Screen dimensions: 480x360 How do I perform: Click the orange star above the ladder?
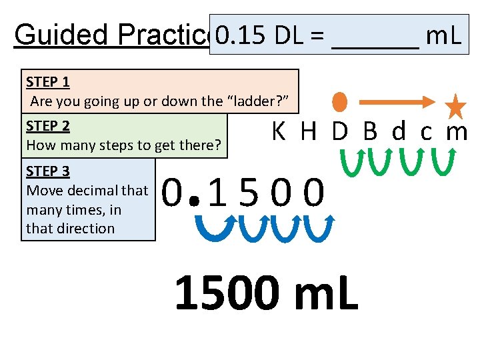pyautogui.click(x=455, y=106)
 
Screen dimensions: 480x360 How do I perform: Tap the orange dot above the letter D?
pyautogui.click(x=340, y=101)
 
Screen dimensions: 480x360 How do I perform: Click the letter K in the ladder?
pyautogui.click(x=279, y=132)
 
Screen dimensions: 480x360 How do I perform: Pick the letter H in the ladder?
pyautogui.click(x=308, y=132)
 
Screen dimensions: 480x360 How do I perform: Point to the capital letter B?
pyautogui.click(x=370, y=132)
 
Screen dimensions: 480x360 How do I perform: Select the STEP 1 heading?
pyautogui.click(x=48, y=82)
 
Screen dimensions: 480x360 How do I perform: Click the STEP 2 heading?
pyautogui.click(x=48, y=126)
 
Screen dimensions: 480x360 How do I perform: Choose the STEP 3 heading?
pyautogui.click(x=48, y=171)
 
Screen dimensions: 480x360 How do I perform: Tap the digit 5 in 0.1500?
pyautogui.click(x=249, y=193)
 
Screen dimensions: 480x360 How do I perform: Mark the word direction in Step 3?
pyautogui.click(x=85, y=228)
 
